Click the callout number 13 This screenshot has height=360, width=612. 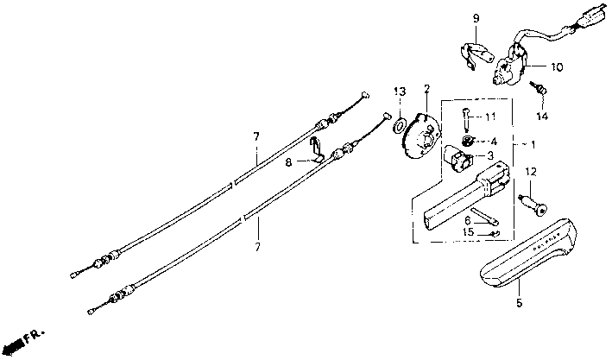(400, 92)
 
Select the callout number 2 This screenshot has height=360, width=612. (426, 89)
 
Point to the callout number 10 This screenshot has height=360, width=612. (556, 66)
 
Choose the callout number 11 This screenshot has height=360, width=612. (489, 116)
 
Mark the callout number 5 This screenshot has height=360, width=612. (519, 303)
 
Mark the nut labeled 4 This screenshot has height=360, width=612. (467, 141)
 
